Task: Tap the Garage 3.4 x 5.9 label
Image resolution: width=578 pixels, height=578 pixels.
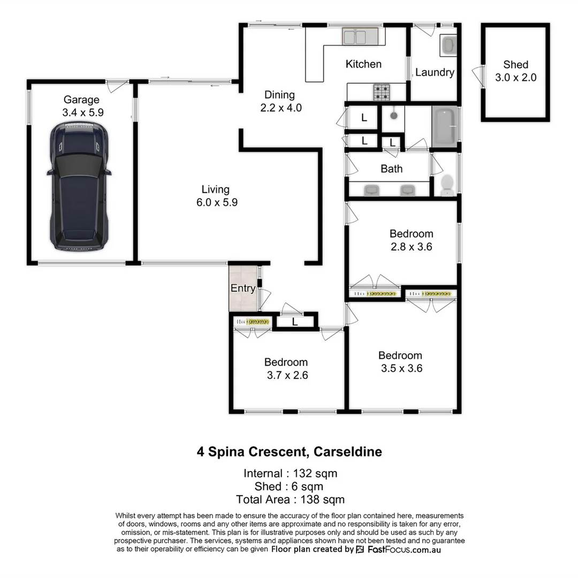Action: [81, 106]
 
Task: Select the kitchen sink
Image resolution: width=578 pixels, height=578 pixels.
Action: [355, 37]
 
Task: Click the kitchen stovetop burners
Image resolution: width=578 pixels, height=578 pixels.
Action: [382, 93]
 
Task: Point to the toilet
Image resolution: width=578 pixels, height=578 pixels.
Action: [446, 185]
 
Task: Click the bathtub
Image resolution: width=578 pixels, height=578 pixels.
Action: [444, 126]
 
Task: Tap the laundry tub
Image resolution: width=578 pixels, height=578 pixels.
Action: [448, 45]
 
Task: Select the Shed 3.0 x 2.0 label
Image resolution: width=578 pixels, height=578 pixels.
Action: [515, 71]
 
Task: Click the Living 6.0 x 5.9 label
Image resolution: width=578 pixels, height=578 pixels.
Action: [215, 196]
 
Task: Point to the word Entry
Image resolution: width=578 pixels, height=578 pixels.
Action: [242, 288]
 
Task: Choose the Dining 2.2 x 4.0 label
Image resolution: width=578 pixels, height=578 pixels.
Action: [280, 101]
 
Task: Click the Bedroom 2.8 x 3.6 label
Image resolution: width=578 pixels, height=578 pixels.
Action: [411, 240]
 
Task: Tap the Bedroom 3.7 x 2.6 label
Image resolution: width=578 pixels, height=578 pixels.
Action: [287, 369]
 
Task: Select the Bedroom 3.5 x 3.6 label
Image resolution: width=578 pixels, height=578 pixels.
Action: [400, 362]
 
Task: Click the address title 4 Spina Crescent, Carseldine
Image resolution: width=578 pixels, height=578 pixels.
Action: [290, 452]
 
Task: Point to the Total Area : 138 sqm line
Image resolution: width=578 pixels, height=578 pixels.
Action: [290, 499]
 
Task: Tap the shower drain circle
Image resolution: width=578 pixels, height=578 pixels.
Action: [393, 114]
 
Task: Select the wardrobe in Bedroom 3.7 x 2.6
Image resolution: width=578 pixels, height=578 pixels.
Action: [252, 322]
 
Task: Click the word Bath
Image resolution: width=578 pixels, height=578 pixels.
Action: [391, 169]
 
